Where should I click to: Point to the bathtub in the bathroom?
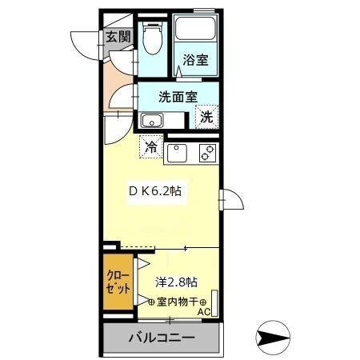click(195, 30)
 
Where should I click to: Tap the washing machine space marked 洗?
click(206, 116)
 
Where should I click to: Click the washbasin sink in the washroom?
click(151, 121)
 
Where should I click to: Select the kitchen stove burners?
click(207, 151)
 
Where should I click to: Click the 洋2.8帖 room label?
click(176, 282)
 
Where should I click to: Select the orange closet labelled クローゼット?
click(117, 282)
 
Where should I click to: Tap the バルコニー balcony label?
click(160, 337)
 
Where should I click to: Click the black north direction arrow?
click(273, 337)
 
